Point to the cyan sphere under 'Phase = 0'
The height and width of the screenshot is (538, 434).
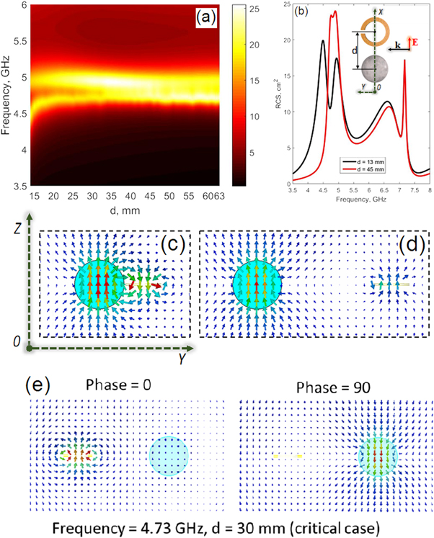click(168, 456)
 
